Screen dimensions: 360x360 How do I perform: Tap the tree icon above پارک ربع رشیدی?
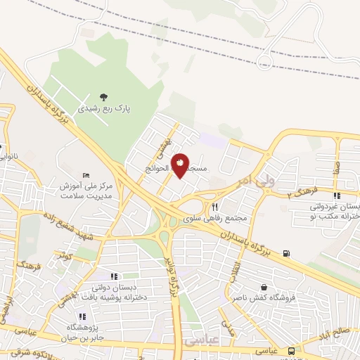tap(104, 98)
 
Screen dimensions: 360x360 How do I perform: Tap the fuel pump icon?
tap(285, 253)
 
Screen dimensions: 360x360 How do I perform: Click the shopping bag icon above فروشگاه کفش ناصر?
tap(263, 288)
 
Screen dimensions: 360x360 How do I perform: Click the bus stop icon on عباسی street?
tap(301, 349)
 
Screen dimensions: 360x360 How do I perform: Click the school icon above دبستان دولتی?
tap(115, 276)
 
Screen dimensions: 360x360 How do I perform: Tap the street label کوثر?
tap(67, 256)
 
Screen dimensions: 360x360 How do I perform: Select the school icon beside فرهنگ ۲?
tap(337, 196)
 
